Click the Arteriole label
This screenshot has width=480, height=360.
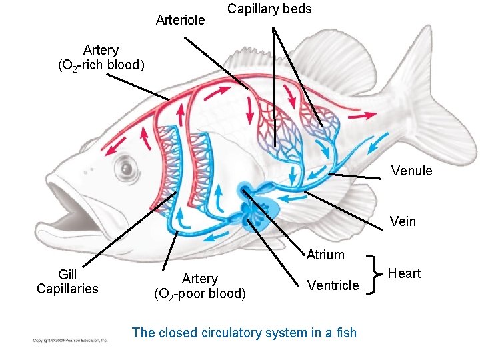180,20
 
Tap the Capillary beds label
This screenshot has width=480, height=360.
269,9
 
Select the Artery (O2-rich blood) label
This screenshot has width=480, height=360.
101,57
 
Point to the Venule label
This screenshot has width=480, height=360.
411,171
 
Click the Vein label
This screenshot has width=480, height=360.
403,221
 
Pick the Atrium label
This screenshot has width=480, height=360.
325,255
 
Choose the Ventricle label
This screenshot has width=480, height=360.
333,285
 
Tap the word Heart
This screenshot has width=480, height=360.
404,273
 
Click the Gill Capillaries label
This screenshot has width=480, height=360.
67,281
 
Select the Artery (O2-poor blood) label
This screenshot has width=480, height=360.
200,285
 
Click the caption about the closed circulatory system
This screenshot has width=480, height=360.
244,333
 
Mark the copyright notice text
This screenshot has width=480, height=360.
71,341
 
